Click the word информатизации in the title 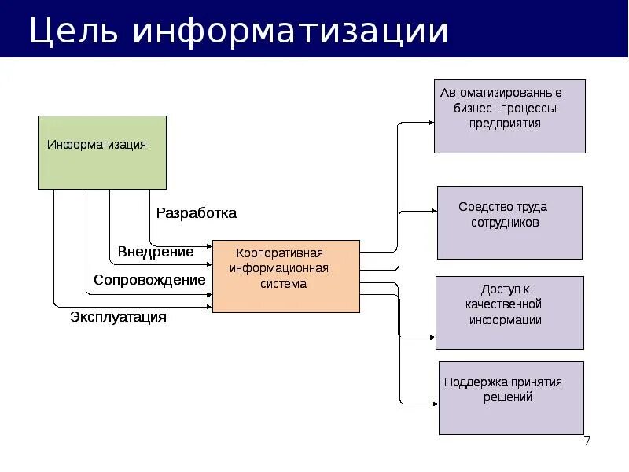point(290,31)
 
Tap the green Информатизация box point(102,152)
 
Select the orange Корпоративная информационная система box point(285,276)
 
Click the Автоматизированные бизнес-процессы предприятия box point(509,116)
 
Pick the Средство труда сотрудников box point(509,223)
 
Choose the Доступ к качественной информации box point(509,312)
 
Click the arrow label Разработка point(196,213)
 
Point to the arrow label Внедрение point(156,252)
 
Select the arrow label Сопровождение point(149,280)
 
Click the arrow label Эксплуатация point(118,317)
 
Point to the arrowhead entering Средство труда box point(432,211)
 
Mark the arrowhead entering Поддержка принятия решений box point(434,403)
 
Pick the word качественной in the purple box point(503,304)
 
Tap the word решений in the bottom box point(508,397)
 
